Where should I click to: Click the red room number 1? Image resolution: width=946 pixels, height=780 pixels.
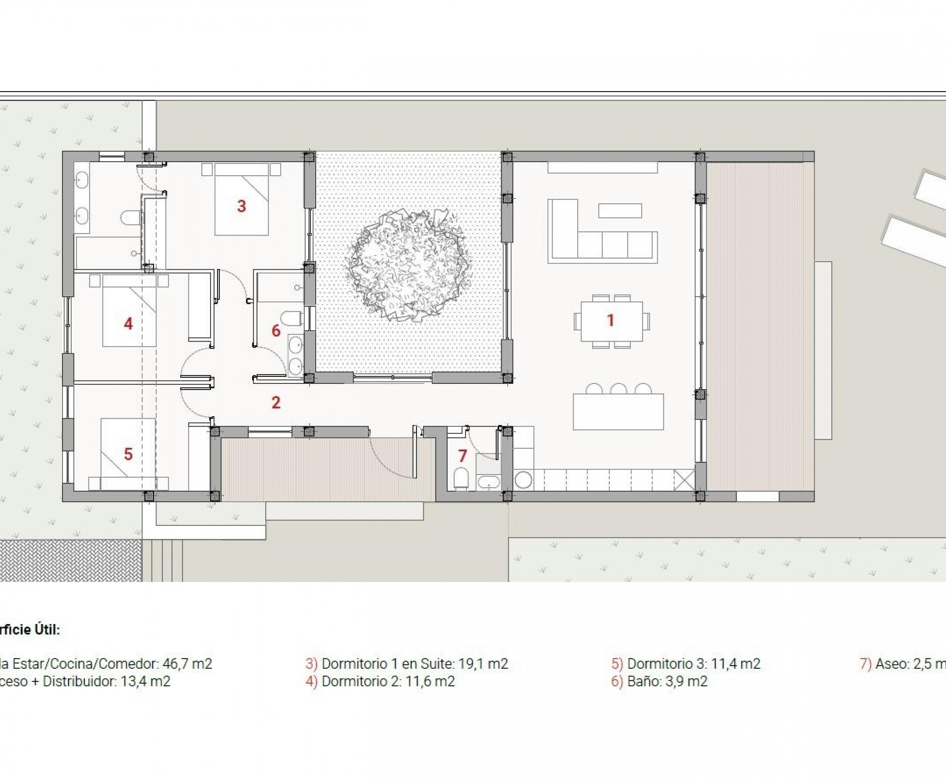(x=610, y=320)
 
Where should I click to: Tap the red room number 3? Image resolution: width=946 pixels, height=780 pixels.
(x=241, y=206)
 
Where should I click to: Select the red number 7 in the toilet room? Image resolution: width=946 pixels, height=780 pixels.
(x=462, y=456)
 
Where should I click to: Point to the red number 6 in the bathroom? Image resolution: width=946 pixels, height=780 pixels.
(x=276, y=331)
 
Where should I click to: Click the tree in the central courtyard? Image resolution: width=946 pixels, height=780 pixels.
(x=408, y=266)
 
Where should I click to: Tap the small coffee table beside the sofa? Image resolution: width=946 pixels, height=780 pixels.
(x=620, y=210)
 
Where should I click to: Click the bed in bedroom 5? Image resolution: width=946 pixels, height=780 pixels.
(x=128, y=454)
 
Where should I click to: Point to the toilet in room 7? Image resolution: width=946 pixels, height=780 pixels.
(x=461, y=479)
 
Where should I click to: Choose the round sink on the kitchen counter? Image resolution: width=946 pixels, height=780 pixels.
(x=523, y=480)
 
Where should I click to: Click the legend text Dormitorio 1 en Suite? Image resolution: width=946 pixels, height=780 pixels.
(x=414, y=664)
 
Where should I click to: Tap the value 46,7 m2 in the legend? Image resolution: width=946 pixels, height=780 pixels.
(x=187, y=664)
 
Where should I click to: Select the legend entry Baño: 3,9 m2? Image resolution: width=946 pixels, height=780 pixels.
(x=667, y=681)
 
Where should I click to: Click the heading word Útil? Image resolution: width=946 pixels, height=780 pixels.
(x=47, y=629)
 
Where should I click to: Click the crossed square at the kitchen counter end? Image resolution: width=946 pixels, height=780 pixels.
(x=684, y=480)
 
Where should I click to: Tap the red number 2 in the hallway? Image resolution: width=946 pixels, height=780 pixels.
(x=276, y=402)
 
